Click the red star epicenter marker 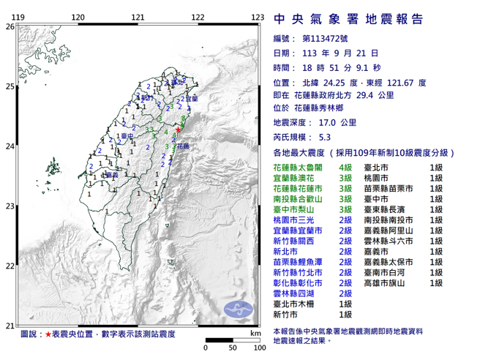pyautogui.click(x=179, y=130)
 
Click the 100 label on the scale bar pyautogui.click(x=258, y=348)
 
